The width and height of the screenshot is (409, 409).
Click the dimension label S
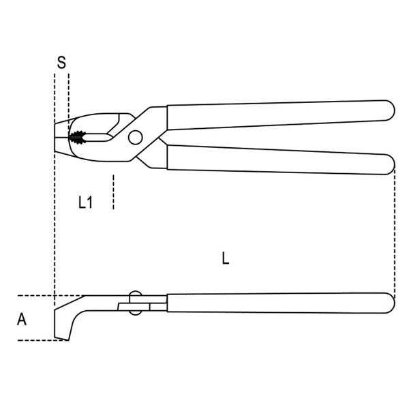coord(61,63)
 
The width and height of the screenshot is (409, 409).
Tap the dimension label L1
coord(85,202)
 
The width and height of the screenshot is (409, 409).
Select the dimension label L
coord(226,258)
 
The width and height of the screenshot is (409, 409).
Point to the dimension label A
coord(22,319)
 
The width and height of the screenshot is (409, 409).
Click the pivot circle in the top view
coord(136,137)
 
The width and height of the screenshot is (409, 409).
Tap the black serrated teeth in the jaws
coord(78,137)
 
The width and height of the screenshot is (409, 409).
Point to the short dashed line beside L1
coord(113,192)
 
